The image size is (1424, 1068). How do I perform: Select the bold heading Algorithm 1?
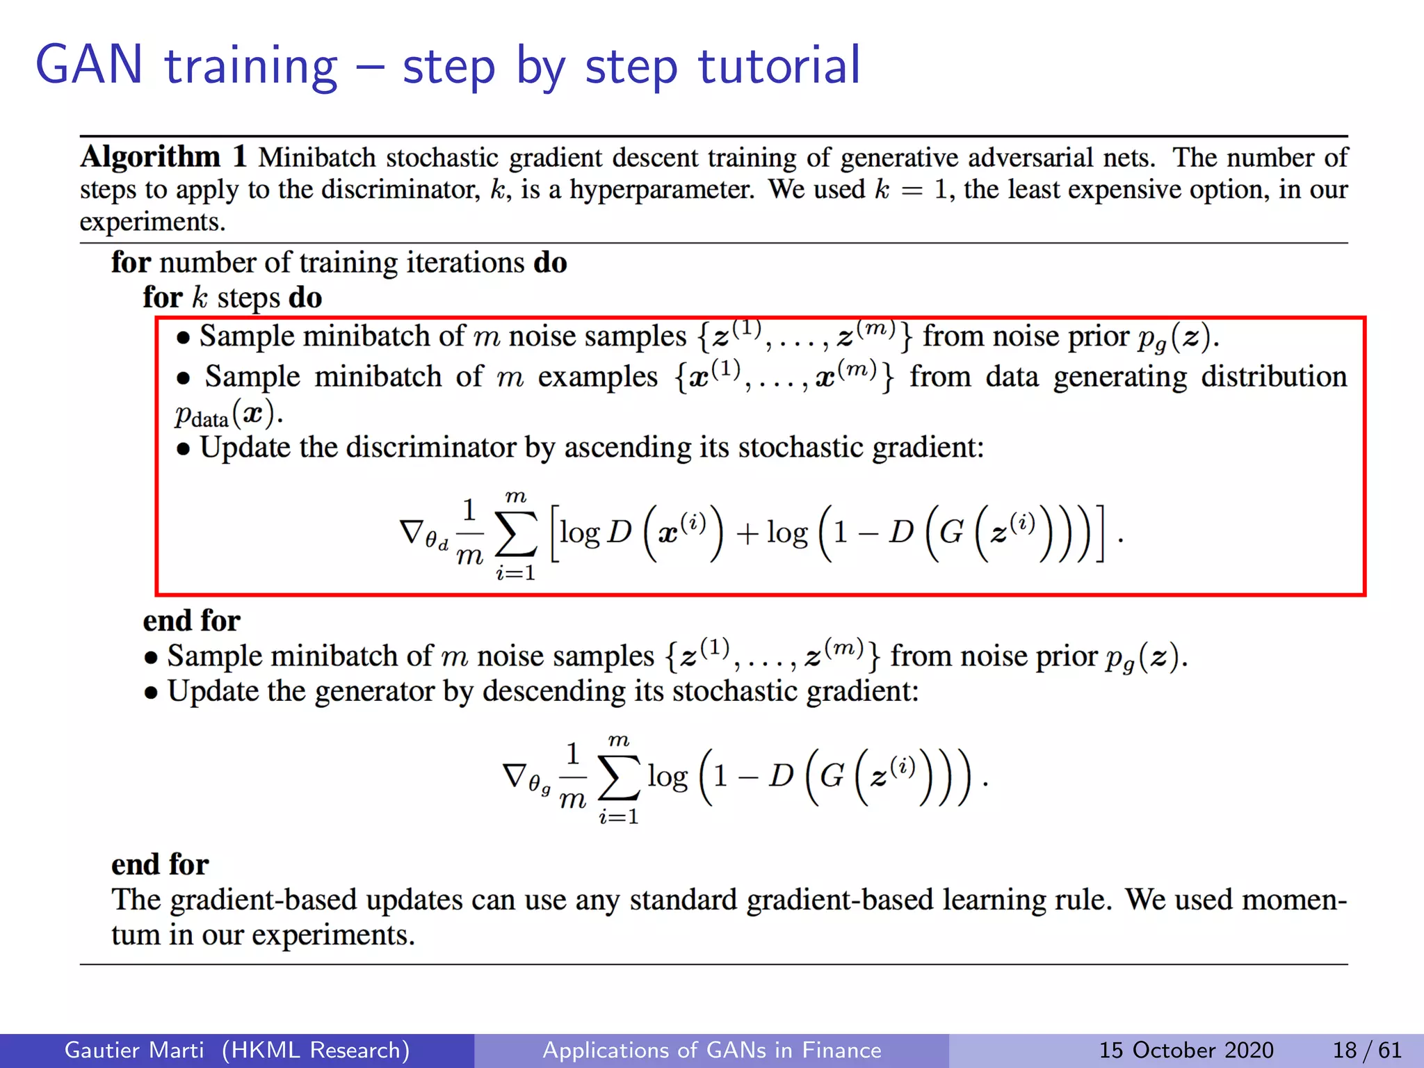164,156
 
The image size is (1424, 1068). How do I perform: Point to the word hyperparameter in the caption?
661,190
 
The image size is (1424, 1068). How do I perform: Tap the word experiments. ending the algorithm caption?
153,222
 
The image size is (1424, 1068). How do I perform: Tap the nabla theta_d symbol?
423,534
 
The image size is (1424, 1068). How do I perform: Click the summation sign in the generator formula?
618,777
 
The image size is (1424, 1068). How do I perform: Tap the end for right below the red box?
191,620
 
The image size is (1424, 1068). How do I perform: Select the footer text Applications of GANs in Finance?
711,1050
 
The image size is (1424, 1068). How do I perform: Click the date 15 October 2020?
1186,1050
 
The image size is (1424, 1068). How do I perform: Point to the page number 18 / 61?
1366,1050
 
